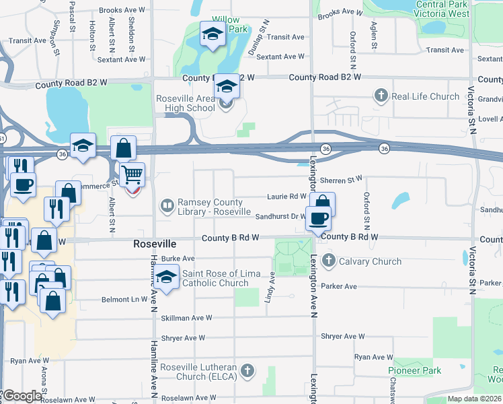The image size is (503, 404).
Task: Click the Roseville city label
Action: click(155, 243)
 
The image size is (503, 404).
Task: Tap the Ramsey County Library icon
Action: click(166, 205)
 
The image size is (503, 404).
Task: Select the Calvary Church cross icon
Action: click(328, 261)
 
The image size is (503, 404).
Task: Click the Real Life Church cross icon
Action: click(381, 96)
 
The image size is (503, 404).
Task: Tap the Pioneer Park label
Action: click(414, 370)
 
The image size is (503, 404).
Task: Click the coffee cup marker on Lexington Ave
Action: click(318, 218)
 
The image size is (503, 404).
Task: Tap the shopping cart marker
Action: click(132, 174)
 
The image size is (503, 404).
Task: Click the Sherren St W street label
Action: click(341, 180)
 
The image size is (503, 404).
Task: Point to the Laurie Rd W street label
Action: click(286, 197)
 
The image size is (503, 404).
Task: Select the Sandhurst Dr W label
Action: click(281, 216)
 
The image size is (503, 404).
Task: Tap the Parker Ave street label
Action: click(339, 286)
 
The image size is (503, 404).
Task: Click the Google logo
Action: click(22, 396)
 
